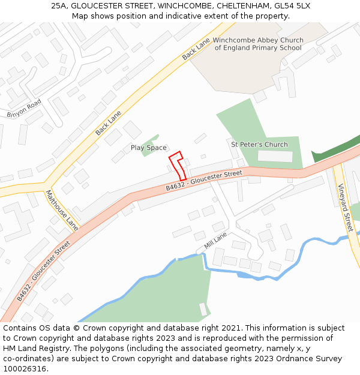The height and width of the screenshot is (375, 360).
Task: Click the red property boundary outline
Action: click(177, 165)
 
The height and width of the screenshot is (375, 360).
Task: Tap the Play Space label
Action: click(149, 148)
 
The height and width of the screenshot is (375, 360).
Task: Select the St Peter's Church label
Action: click(259, 145)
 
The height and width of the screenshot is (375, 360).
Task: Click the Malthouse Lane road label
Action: click(62, 210)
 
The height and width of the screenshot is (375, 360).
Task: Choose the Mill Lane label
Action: click(216, 241)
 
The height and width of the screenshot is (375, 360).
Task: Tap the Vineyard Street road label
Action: click(344, 208)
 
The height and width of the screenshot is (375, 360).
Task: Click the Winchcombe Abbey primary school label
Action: click(258, 44)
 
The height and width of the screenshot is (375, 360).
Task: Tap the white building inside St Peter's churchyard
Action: click(275, 156)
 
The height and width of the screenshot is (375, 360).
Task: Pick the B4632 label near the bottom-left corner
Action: click(43, 271)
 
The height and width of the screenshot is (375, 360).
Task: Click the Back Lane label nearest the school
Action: click(196, 47)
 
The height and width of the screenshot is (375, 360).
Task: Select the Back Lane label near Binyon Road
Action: click(108, 122)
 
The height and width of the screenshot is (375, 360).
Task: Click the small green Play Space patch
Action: click(150, 145)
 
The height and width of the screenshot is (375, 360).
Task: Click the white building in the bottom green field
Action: click(203, 309)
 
